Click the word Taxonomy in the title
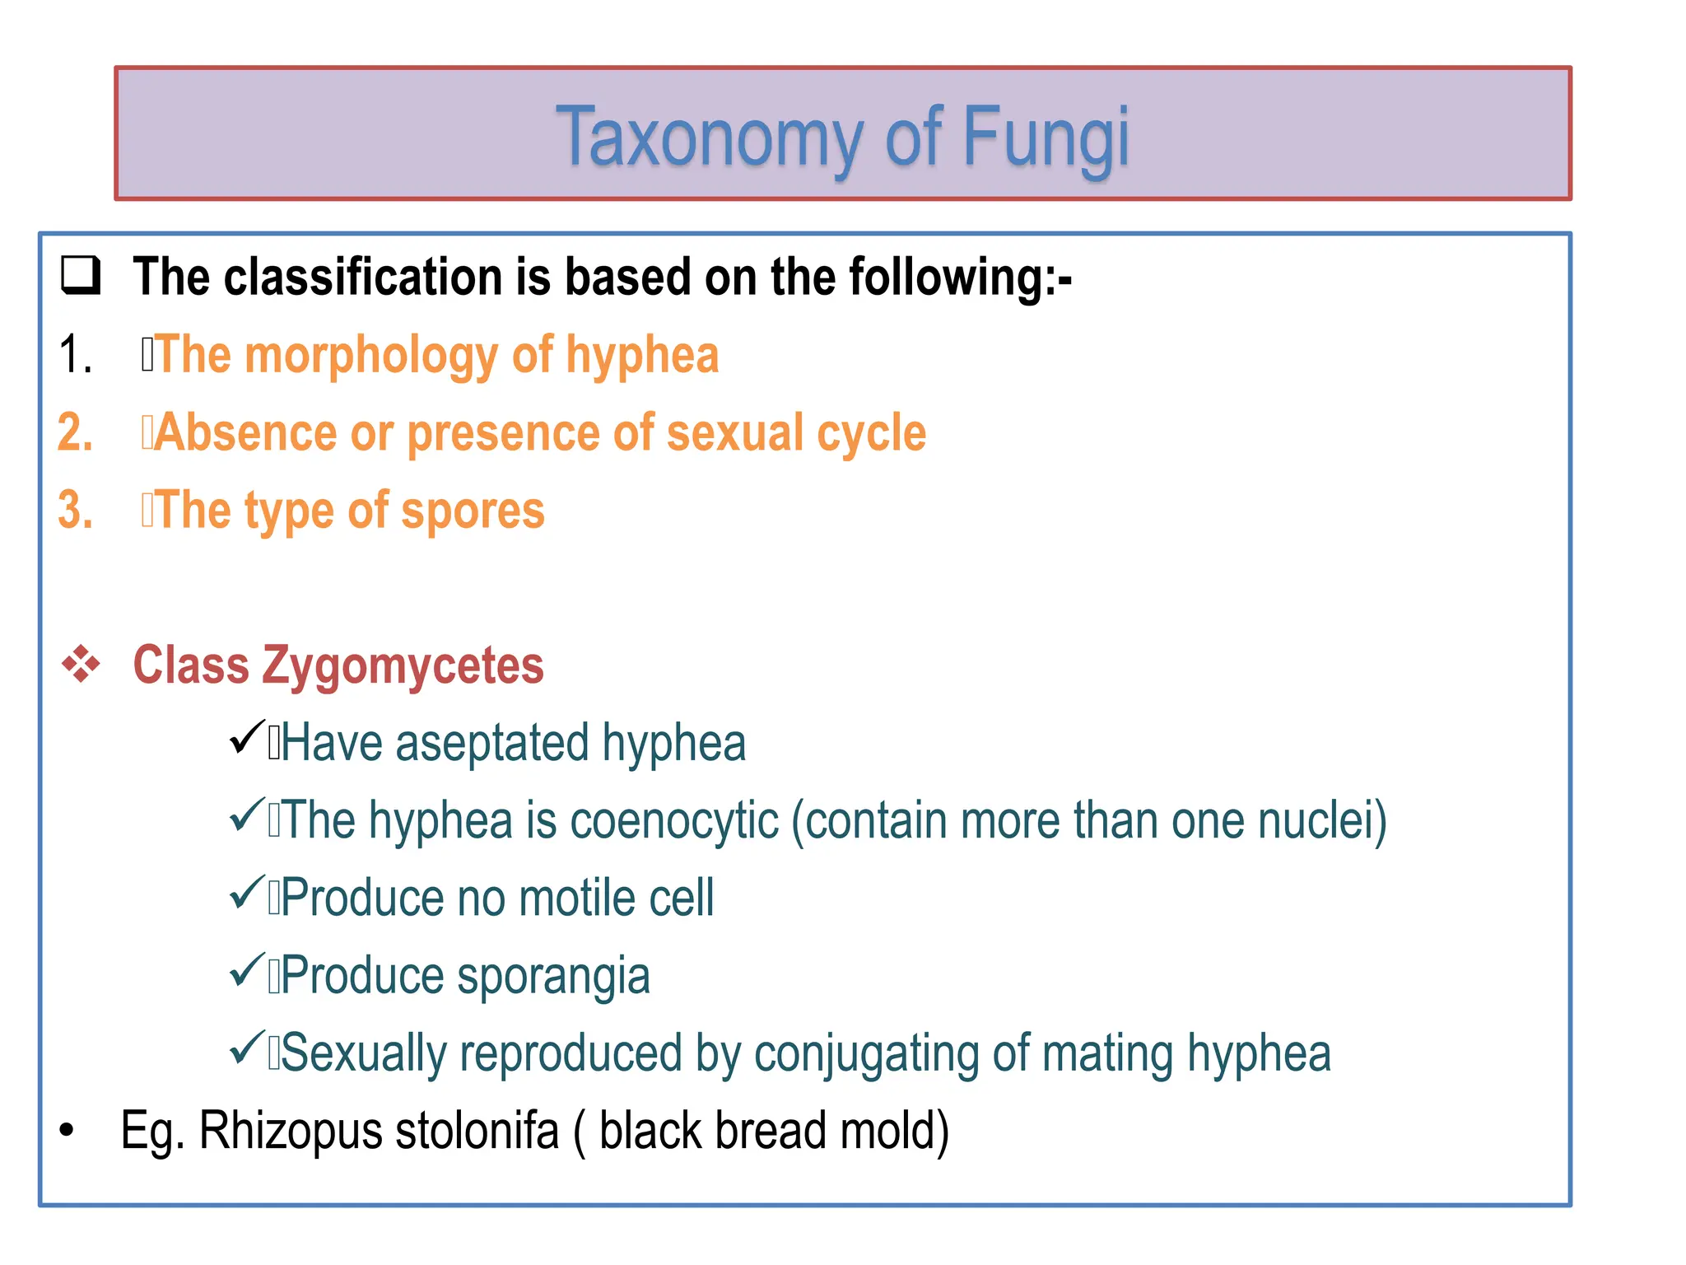710,138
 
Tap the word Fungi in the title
1045,138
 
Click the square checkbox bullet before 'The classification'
81,276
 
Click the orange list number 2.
75,433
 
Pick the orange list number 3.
75,511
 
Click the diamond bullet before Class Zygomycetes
81,665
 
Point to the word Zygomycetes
403,666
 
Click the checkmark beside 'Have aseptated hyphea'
246,738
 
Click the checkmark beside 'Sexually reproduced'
246,1048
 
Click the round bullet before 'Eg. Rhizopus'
67,1131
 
